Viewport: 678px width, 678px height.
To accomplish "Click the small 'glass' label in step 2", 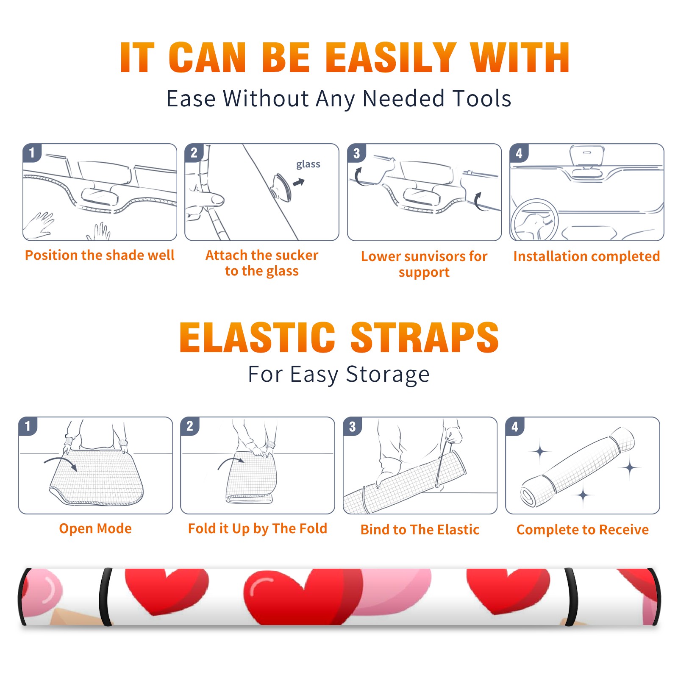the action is pos(308,164).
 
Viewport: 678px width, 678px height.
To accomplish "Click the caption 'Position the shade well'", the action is pos(100,255).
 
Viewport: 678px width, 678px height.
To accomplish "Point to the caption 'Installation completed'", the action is pos(586,256).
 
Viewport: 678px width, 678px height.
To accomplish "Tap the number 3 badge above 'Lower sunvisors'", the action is pos(356,153).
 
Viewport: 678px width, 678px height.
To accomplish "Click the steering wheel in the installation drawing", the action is pos(534,220).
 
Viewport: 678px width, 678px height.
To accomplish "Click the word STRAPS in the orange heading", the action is pos(425,337).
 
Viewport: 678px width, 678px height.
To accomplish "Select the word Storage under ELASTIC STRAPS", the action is pos(388,375).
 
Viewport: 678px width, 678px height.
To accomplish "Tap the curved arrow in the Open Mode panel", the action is pos(61,462).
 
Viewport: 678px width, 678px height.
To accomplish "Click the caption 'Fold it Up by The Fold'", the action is pos(258,528).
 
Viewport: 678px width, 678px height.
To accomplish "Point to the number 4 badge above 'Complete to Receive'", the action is pos(515,426).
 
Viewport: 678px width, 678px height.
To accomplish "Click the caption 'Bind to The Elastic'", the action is pos(420,530).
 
